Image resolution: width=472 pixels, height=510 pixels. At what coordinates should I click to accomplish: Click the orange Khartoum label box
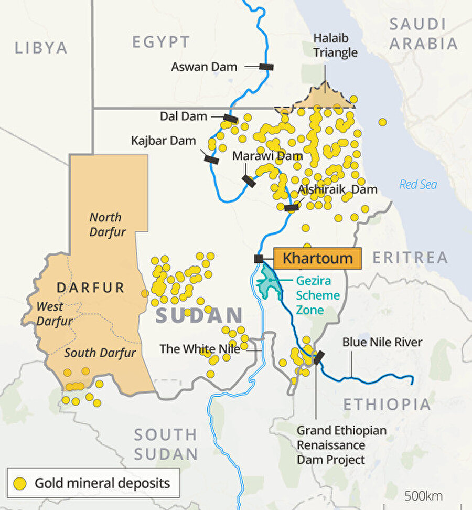(x=317, y=258)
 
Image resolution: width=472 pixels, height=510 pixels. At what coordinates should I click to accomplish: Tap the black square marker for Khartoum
(x=259, y=259)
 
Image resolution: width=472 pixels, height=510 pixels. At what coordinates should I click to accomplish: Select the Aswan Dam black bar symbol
(x=266, y=67)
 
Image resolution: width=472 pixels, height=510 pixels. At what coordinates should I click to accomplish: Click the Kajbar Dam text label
(x=164, y=141)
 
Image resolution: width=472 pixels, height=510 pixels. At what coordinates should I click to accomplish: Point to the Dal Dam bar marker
(x=230, y=119)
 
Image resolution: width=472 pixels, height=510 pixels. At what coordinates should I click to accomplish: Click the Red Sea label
(x=418, y=185)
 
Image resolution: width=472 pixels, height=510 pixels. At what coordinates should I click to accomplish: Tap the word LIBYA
(x=41, y=48)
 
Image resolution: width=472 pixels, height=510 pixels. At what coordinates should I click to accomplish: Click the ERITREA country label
(x=410, y=258)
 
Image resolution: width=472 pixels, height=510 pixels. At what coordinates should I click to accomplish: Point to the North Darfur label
(x=106, y=224)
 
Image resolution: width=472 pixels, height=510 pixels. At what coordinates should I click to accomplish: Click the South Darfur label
(x=100, y=353)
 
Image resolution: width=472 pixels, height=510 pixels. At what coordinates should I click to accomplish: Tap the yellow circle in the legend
(x=20, y=483)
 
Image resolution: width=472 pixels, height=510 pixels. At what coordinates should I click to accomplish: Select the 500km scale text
(x=423, y=496)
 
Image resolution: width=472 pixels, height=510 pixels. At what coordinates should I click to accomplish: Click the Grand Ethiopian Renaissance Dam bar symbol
(x=318, y=358)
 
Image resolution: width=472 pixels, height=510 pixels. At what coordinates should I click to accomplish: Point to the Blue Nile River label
(x=382, y=343)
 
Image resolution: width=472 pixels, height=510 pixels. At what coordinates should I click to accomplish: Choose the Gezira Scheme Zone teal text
(x=317, y=295)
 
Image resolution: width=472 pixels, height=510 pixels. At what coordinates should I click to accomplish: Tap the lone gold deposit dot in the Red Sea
(x=383, y=122)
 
